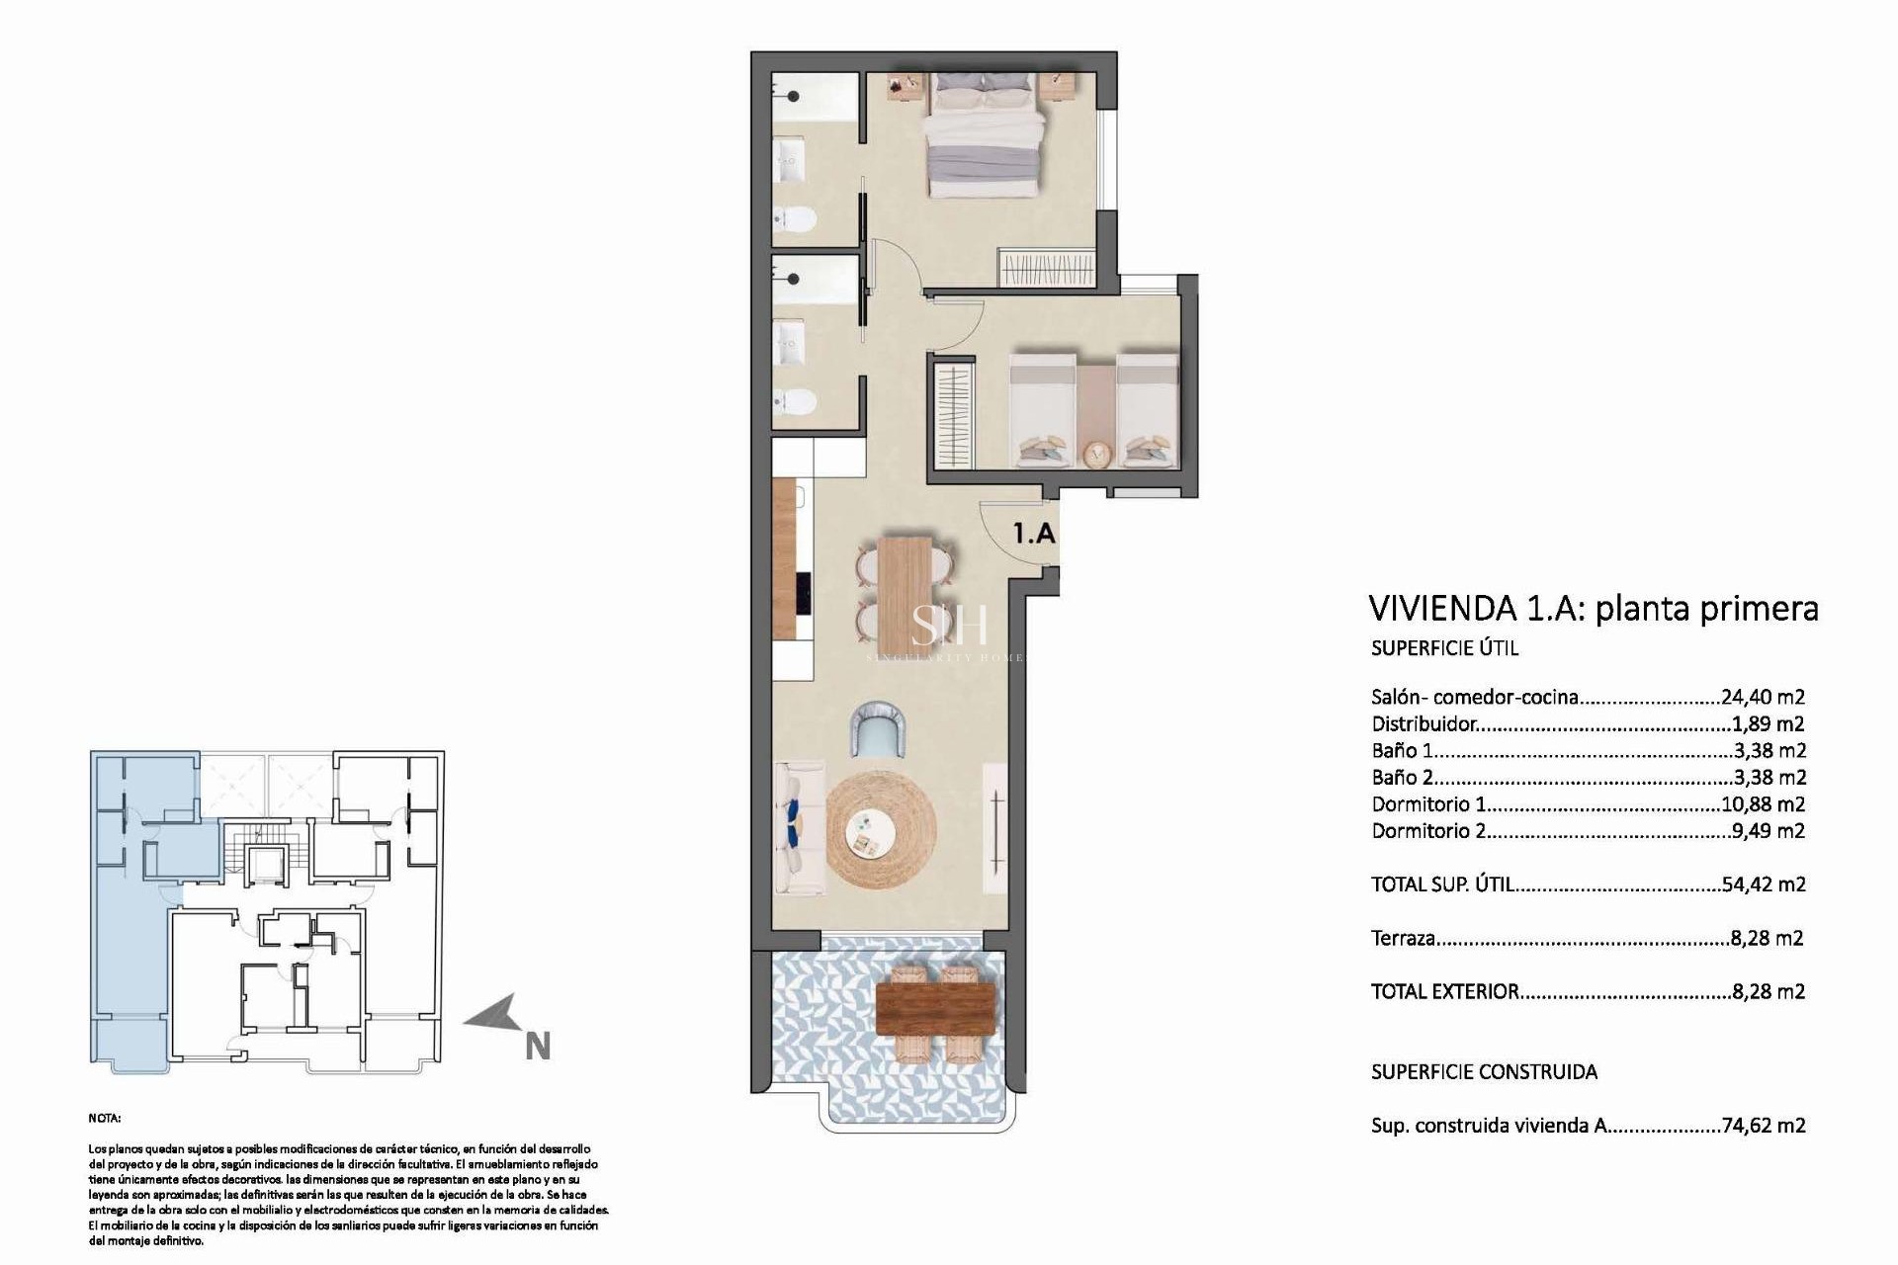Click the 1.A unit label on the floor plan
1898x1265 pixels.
click(1034, 534)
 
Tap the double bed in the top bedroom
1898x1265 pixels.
click(985, 140)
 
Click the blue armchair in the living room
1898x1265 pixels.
click(879, 729)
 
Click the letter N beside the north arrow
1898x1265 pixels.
click(537, 1047)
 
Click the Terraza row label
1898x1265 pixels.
click(1403, 938)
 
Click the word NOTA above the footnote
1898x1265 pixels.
click(105, 1118)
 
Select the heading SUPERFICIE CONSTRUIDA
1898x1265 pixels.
click(1484, 1071)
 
